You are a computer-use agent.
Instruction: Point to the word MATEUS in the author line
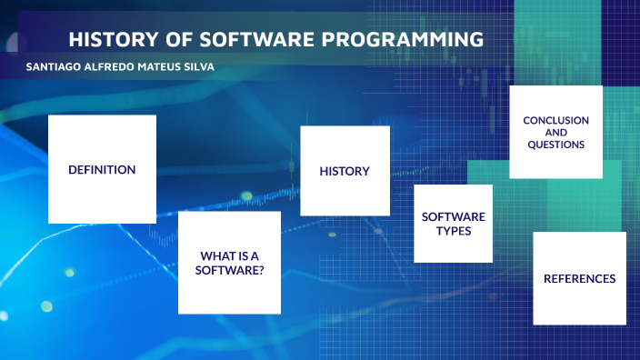[163, 68]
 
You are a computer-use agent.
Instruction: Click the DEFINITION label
[102, 169]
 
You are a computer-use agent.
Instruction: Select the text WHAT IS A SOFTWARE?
[228, 262]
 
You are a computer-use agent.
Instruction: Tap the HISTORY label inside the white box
[345, 171]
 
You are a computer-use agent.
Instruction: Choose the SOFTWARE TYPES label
[453, 224]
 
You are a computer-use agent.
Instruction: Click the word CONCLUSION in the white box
[555, 120]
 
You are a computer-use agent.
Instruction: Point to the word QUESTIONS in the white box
[555, 144]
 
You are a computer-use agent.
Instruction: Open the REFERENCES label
[579, 278]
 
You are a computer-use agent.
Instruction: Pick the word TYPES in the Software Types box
[453, 231]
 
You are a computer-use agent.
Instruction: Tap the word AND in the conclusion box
[555, 132]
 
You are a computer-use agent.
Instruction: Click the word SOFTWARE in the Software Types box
[453, 216]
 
